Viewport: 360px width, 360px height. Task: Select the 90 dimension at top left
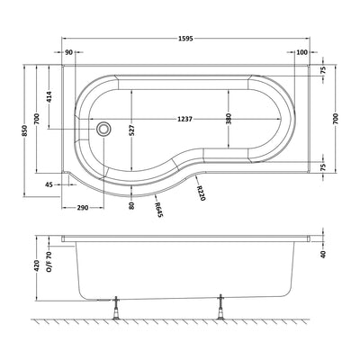click(x=69, y=53)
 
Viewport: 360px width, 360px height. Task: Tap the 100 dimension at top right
click(x=301, y=53)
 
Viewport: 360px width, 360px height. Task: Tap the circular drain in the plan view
click(x=106, y=128)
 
